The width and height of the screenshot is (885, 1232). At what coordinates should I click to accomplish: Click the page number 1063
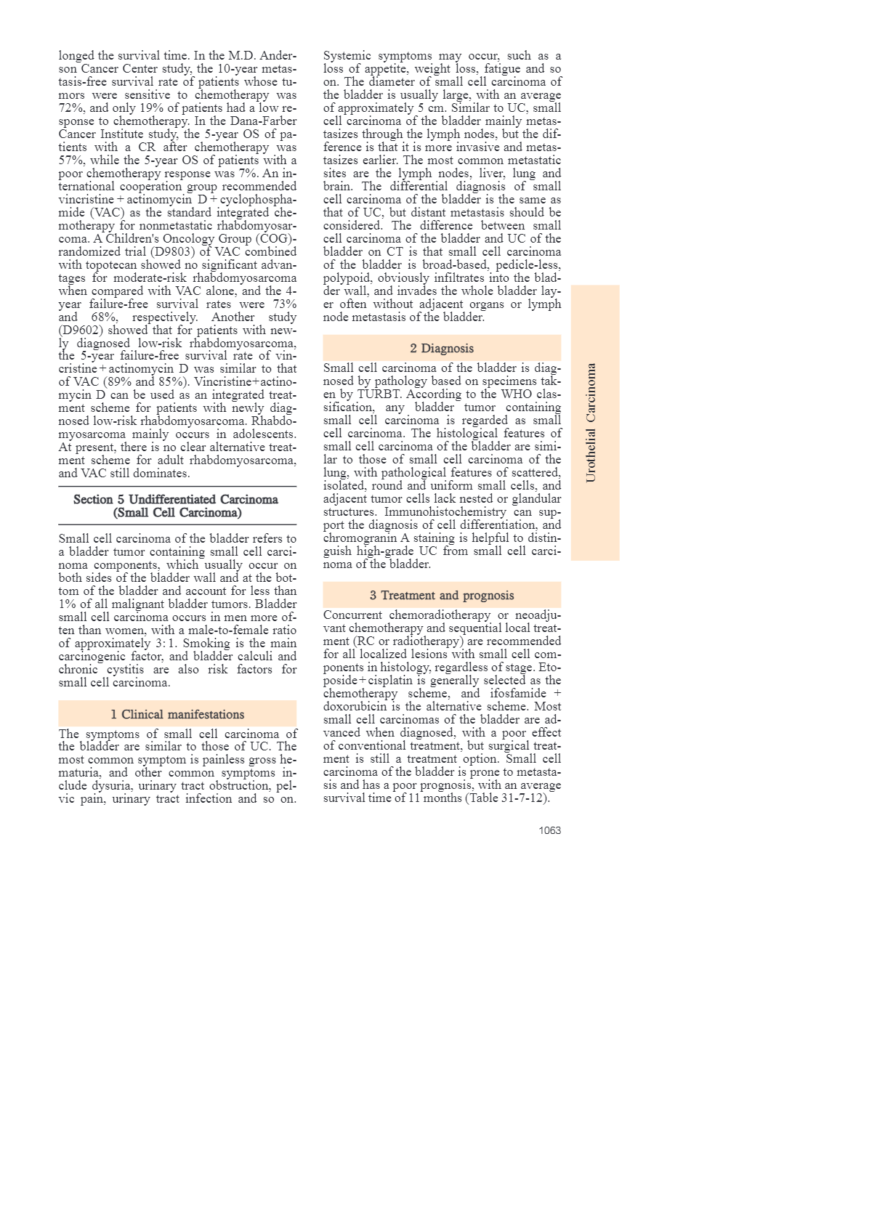coord(549,830)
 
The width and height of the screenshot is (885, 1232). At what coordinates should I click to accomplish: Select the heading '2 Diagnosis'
coord(442,349)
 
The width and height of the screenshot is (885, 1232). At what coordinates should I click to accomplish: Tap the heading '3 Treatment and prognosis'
coord(442,596)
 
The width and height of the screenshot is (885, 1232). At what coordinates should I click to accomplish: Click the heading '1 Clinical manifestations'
coord(177,715)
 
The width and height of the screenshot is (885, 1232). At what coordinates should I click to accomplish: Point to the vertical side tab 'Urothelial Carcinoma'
coord(591,423)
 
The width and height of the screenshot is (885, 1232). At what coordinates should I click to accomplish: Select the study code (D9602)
coord(80,331)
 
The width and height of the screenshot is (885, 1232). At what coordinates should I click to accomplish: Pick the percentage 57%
coord(71,161)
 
